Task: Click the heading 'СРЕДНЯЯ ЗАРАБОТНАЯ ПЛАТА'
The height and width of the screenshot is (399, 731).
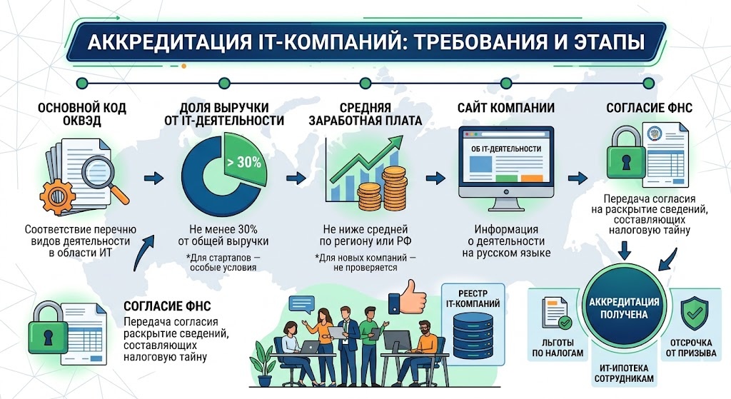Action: [x=365, y=114]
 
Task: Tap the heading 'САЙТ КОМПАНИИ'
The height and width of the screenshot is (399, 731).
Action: [x=506, y=108]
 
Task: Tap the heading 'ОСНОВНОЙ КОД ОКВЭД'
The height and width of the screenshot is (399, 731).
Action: [x=81, y=114]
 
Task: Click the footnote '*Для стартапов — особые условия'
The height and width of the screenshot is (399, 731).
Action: [x=223, y=263]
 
